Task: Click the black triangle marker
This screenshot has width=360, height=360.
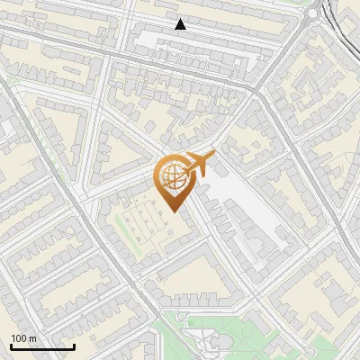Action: [x=181, y=24]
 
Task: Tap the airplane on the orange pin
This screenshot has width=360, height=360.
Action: [x=198, y=165]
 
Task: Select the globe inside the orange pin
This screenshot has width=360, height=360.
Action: [x=173, y=179]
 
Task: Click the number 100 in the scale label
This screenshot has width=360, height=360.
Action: [x=19, y=338]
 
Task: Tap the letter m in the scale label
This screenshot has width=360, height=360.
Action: [x=33, y=338]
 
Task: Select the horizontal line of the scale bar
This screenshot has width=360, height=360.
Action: [x=42, y=346]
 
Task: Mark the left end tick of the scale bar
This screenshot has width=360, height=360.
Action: [x=11, y=345]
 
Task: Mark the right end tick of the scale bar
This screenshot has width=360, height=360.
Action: [x=74, y=345]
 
